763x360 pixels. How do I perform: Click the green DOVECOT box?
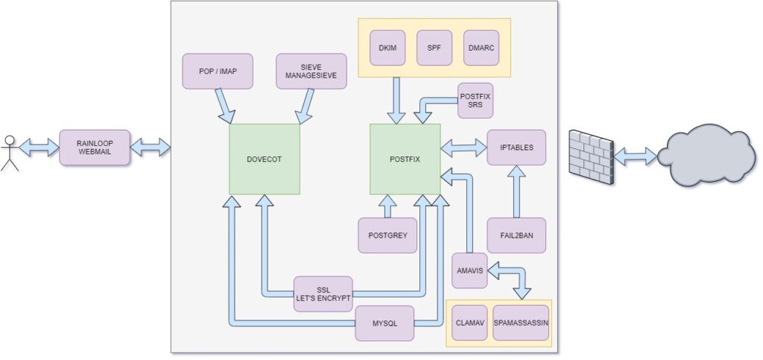(265, 159)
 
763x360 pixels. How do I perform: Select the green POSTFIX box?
(405, 159)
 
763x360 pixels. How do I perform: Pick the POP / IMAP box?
(218, 71)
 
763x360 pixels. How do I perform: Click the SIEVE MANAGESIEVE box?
(311, 71)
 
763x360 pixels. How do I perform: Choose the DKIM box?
(387, 48)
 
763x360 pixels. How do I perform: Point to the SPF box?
(434, 48)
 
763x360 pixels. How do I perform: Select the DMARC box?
(481, 48)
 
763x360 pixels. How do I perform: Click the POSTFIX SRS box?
(475, 100)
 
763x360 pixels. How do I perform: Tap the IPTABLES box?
(516, 148)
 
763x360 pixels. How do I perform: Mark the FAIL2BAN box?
(516, 236)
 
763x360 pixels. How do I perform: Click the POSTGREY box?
(387, 236)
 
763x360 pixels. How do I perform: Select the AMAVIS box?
(469, 270)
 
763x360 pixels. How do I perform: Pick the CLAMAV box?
(469, 323)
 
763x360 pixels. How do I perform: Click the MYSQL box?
(384, 323)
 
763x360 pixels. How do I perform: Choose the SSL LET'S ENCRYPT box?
(323, 294)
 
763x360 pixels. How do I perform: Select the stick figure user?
(10, 152)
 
